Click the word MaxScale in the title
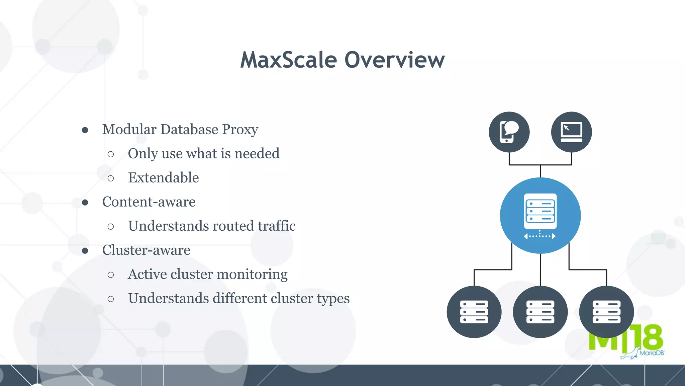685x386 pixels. click(x=288, y=60)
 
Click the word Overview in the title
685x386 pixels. click(x=394, y=60)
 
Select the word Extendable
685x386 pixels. click(x=163, y=178)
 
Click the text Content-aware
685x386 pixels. click(x=149, y=202)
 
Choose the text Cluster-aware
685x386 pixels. click(x=146, y=250)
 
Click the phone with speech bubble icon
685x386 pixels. click(x=509, y=132)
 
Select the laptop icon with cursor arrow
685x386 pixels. click(x=571, y=132)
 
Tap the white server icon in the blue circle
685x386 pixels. click(x=540, y=211)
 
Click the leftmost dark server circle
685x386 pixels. click(x=474, y=312)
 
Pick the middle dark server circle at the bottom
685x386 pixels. click(x=540, y=312)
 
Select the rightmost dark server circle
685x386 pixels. click(x=606, y=312)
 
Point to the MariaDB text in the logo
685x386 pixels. click(x=652, y=353)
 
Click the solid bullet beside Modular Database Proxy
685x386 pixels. click(x=85, y=130)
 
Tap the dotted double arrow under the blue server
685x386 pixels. click(x=540, y=236)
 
